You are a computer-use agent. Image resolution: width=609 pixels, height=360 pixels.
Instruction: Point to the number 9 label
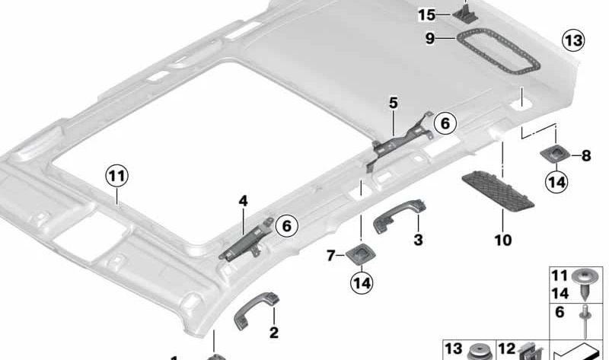(x=430, y=37)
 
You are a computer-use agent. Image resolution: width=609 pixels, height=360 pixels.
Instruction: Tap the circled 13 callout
(x=572, y=40)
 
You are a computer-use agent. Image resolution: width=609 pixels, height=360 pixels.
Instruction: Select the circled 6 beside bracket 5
(x=443, y=122)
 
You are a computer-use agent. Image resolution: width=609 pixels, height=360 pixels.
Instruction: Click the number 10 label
(x=502, y=241)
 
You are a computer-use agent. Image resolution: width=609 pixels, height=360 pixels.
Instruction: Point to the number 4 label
(x=243, y=202)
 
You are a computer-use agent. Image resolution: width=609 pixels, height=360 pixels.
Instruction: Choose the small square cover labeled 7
(x=359, y=253)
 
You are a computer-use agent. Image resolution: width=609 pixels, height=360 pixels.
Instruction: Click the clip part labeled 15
(x=463, y=11)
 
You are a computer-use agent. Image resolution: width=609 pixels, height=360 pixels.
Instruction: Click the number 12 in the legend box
(x=506, y=349)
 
